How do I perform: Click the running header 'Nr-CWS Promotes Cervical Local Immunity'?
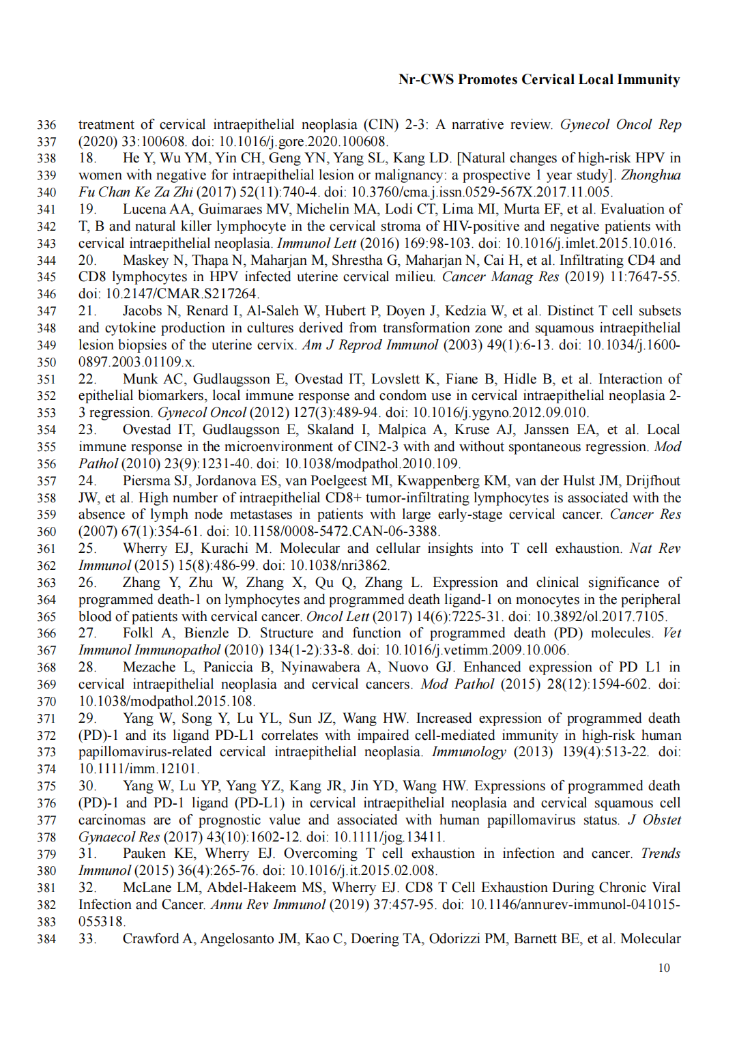click(539, 80)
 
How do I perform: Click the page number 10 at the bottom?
click(664, 968)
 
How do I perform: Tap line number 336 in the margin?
click(46, 125)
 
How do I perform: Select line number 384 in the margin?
click(46, 939)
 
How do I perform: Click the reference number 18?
click(87, 158)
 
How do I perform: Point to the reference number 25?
click(87, 549)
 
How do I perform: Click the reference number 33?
click(87, 939)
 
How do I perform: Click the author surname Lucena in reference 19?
click(145, 210)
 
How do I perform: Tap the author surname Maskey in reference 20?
click(145, 261)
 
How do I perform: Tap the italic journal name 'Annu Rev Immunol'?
click(267, 905)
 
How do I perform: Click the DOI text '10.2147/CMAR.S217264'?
click(169, 294)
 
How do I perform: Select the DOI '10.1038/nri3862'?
click(339, 566)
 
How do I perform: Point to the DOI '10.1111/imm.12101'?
click(138, 769)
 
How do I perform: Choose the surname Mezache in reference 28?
click(149, 667)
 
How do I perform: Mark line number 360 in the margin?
click(46, 532)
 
